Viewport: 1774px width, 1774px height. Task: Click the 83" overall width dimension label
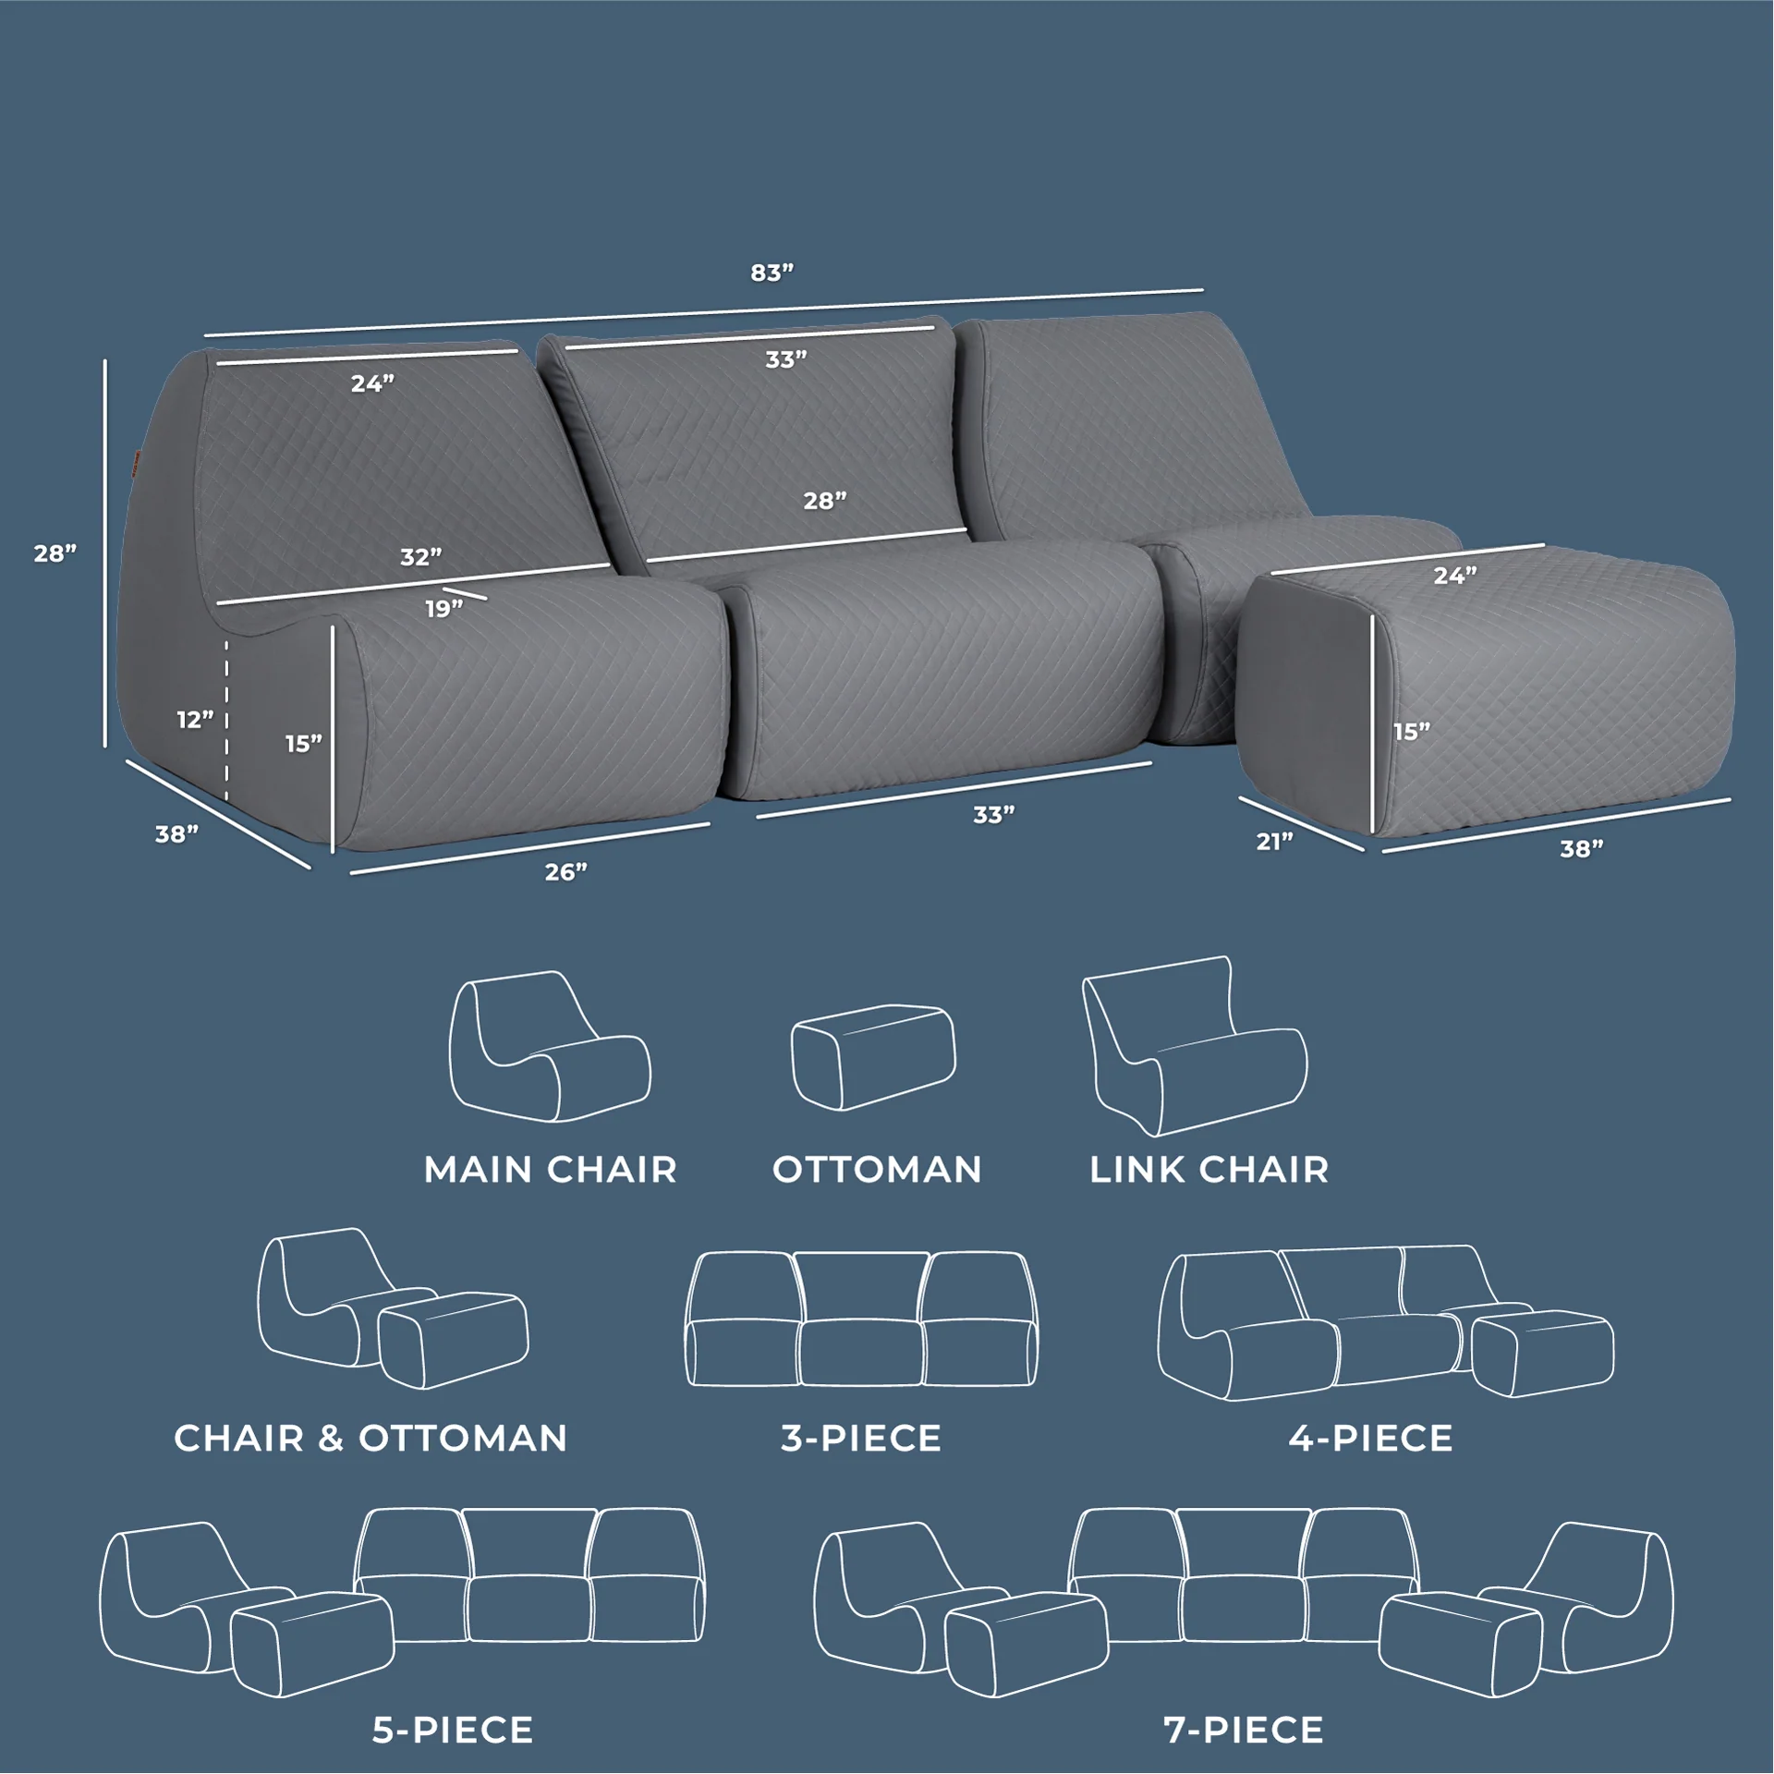pyautogui.click(x=772, y=273)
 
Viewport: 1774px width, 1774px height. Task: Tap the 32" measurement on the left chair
pyautogui.click(x=421, y=557)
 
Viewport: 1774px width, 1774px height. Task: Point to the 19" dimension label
pyautogui.click(x=444, y=609)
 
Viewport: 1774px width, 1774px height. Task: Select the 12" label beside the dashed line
pyautogui.click(x=195, y=719)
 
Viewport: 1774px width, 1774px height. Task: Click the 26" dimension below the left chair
pyautogui.click(x=566, y=871)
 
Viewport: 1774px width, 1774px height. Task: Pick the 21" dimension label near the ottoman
pyautogui.click(x=1275, y=841)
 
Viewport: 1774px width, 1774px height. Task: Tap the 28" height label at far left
pyautogui.click(x=55, y=553)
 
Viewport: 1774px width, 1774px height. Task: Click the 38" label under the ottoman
pyautogui.click(x=1582, y=849)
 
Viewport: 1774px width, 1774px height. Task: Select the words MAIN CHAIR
pyautogui.click(x=551, y=1170)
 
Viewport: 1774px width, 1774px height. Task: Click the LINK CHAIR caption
pyautogui.click(x=1209, y=1170)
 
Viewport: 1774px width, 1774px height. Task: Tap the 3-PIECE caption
pyautogui.click(x=861, y=1438)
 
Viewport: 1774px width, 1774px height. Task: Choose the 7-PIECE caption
pyautogui.click(x=1244, y=1730)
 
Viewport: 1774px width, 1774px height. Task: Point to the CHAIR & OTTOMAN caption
pyautogui.click(x=371, y=1438)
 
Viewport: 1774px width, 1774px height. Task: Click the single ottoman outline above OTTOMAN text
pyautogui.click(x=873, y=1057)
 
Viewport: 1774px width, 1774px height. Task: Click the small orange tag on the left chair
pyautogui.click(x=135, y=459)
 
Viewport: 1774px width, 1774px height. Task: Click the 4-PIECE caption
pyautogui.click(x=1371, y=1438)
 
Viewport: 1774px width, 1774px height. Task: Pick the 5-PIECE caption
pyautogui.click(x=453, y=1730)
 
